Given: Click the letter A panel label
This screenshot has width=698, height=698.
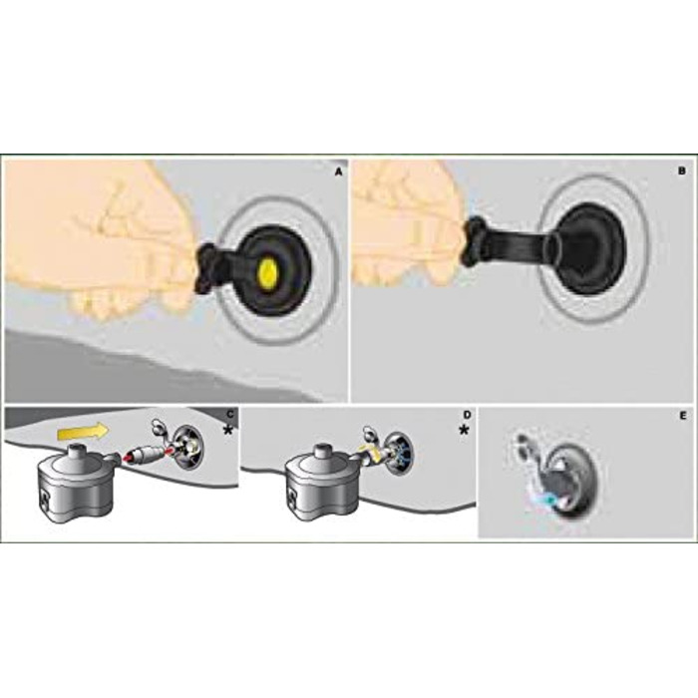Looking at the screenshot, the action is coord(339,172).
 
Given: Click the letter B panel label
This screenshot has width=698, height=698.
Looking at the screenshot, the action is coord(682,171).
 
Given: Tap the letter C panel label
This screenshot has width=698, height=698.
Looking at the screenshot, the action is coord(230,414).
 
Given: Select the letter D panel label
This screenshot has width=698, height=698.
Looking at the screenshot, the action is coord(467,415).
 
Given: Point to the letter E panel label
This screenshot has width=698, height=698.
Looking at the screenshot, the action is coord(683,416).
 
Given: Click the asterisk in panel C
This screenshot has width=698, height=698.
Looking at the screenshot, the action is coord(228,430).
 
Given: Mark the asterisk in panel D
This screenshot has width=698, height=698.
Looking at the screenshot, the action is coord(465,430).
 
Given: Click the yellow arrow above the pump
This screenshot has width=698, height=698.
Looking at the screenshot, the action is coord(83,431).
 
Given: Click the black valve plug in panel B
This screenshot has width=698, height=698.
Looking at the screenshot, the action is coord(588,249).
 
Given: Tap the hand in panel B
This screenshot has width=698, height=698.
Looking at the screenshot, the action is coord(405,222).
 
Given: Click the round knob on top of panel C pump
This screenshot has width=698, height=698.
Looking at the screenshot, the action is coord(74,451).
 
